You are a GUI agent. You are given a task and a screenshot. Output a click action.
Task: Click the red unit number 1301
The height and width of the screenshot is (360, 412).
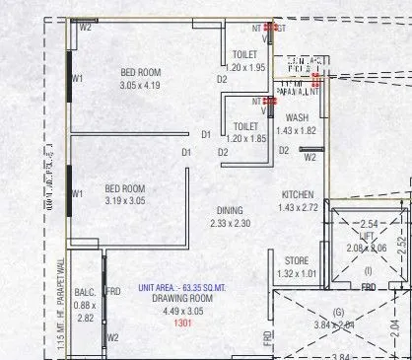pos(181,323)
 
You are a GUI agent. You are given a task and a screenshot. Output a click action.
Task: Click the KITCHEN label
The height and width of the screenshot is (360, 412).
pos(298,194)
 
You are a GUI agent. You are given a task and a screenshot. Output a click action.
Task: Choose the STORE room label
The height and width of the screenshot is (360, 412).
pos(297,260)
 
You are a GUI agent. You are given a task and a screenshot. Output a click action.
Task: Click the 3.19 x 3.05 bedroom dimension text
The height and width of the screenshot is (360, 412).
pos(125,201)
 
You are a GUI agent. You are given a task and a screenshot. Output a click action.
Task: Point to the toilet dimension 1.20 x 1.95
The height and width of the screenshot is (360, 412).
pos(244,67)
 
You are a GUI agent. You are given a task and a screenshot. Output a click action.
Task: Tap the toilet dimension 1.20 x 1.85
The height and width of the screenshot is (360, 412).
pos(244,139)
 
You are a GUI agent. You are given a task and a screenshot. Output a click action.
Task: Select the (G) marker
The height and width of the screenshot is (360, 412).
pos(339,313)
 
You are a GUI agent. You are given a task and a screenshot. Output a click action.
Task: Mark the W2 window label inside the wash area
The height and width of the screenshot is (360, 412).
pos(309,157)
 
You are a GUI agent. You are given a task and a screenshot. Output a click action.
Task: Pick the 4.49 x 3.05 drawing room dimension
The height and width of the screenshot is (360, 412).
pos(180,310)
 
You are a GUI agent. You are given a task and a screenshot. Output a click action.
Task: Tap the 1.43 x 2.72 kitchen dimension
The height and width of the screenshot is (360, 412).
pos(298,207)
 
